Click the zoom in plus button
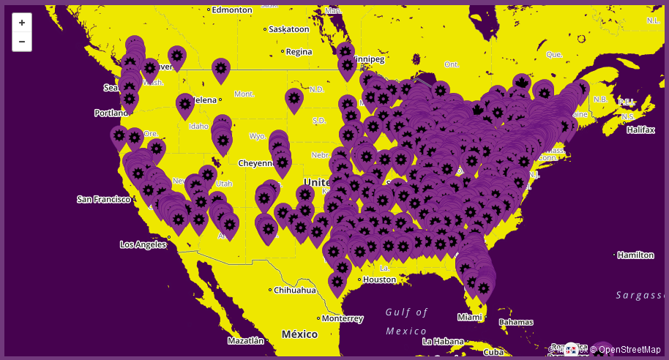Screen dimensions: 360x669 [22, 23]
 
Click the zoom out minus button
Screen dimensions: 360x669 [22, 42]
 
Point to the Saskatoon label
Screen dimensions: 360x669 [288, 29]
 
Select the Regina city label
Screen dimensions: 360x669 [299, 51]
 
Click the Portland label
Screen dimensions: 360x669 [111, 113]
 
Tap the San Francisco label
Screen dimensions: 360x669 [104, 199]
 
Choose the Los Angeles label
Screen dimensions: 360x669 [143, 244]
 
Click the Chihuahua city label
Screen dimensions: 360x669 [295, 290]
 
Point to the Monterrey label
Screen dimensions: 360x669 [342, 318]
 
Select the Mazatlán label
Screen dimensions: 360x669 [245, 340]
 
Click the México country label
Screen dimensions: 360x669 [299, 334]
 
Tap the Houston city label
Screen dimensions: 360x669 [379, 280]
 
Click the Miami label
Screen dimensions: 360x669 [469, 317]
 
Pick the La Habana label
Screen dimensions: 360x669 [444, 341]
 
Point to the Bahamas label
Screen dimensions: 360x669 [516, 322]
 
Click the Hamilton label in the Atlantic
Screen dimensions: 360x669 [635, 255]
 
